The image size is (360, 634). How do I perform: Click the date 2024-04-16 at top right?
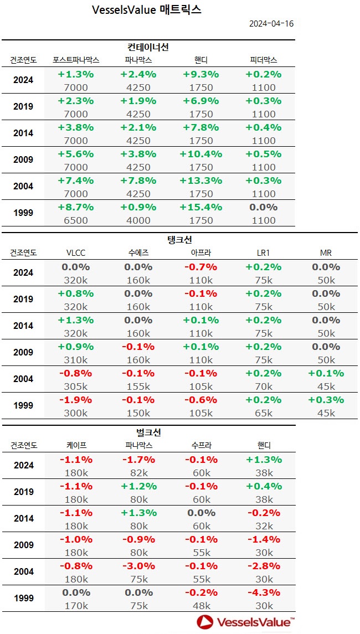(271, 23)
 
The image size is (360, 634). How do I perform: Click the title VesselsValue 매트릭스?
(146, 9)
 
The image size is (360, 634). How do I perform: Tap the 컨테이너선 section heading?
(148, 48)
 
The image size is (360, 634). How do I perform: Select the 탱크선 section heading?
(179, 240)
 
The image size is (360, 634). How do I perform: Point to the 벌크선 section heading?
(148, 432)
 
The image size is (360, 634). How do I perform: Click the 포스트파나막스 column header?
(76, 60)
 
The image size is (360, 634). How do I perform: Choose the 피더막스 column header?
(263, 60)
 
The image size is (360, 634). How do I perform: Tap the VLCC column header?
(76, 252)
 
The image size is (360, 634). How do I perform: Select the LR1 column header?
(263, 252)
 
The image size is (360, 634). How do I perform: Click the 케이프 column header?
(76, 445)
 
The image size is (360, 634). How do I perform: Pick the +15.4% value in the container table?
(200, 207)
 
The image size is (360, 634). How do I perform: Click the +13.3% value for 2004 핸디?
(200, 181)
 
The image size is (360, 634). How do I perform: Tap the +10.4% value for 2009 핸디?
(200, 154)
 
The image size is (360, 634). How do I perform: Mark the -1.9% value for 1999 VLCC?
(76, 400)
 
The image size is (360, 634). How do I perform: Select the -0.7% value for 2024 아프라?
(200, 267)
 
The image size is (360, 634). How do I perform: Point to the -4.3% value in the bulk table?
(263, 592)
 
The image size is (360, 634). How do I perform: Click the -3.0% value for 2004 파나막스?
(138, 566)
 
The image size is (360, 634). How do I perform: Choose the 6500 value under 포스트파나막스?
(76, 220)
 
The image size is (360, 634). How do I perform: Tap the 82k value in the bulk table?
(138, 473)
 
